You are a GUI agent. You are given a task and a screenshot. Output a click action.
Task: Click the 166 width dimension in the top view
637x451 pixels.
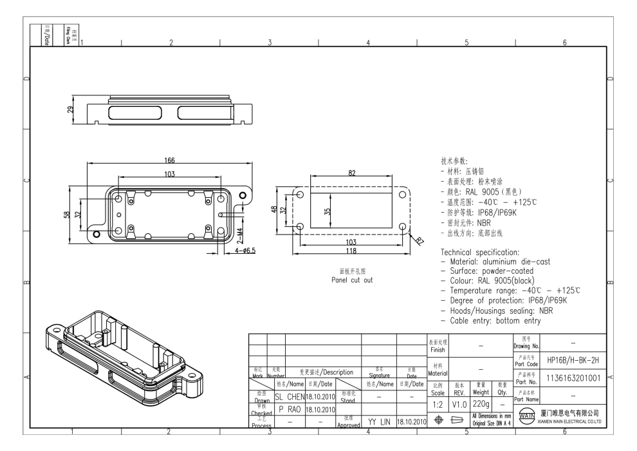pos(169,161)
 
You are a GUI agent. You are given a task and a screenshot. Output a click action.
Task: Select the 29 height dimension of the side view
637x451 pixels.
pos(70,110)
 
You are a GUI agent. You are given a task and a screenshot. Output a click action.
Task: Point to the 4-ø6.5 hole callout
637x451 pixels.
pos(243,250)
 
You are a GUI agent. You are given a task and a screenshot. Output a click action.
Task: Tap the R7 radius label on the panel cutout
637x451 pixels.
pos(418,242)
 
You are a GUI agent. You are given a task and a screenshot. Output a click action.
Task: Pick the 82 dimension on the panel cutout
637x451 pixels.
pos(351,173)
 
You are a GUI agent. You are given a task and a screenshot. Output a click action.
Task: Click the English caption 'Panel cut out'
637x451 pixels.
pos(351,280)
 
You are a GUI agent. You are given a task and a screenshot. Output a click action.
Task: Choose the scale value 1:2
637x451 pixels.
pos(438,403)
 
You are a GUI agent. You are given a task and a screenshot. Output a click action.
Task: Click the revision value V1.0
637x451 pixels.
pos(459,403)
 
